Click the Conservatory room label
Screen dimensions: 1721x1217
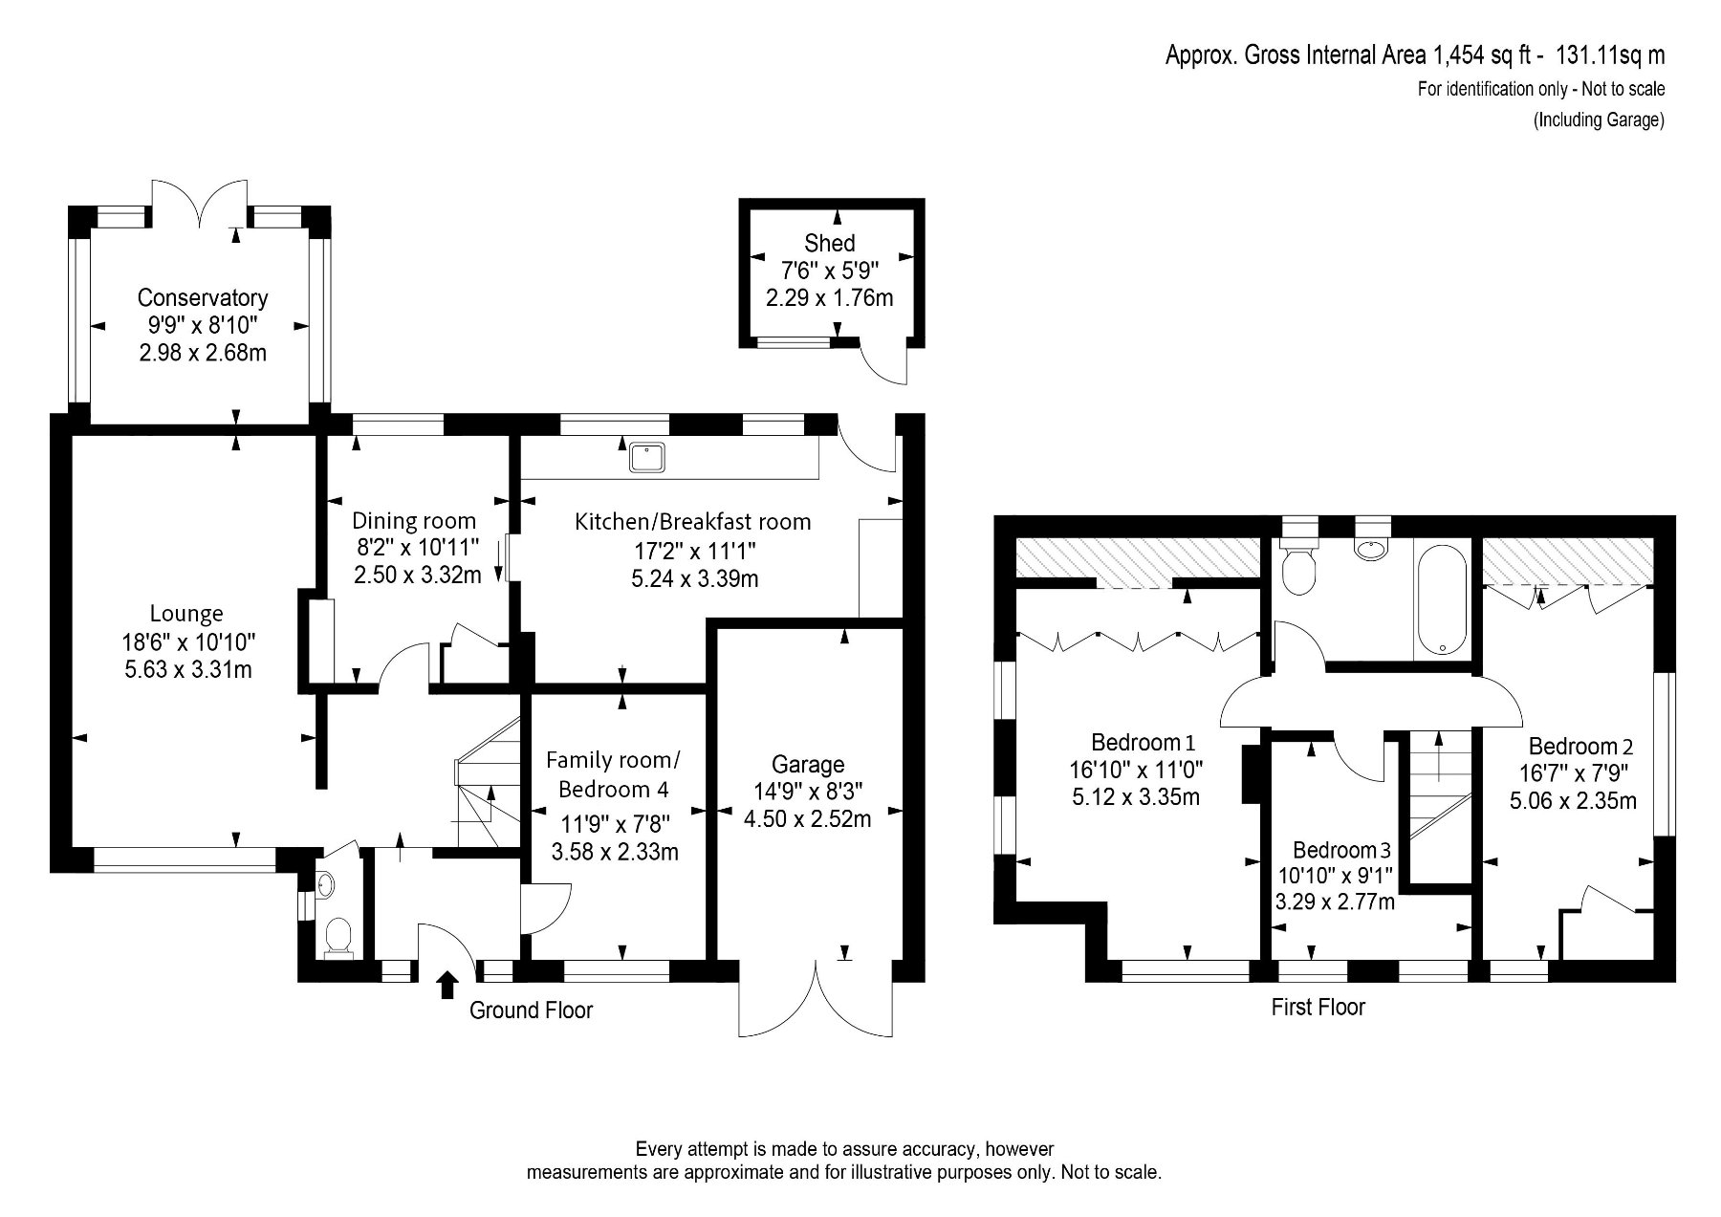(x=203, y=297)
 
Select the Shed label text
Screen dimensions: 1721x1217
(x=829, y=243)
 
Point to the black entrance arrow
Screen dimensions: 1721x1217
(x=446, y=985)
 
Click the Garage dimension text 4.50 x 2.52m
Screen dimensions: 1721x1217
(x=807, y=819)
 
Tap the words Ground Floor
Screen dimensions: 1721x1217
(x=531, y=1011)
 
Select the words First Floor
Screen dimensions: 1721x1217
(x=1318, y=1007)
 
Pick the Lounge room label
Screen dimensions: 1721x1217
(x=186, y=614)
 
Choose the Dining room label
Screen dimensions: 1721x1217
(x=414, y=521)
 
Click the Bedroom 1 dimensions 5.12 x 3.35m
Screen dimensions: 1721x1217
(x=1136, y=797)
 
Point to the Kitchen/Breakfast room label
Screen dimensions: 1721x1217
(x=692, y=522)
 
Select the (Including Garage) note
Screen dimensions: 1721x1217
(x=1599, y=120)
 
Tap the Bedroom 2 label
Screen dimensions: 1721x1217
(x=1580, y=747)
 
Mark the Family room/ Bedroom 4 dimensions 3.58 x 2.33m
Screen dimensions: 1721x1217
(x=615, y=852)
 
